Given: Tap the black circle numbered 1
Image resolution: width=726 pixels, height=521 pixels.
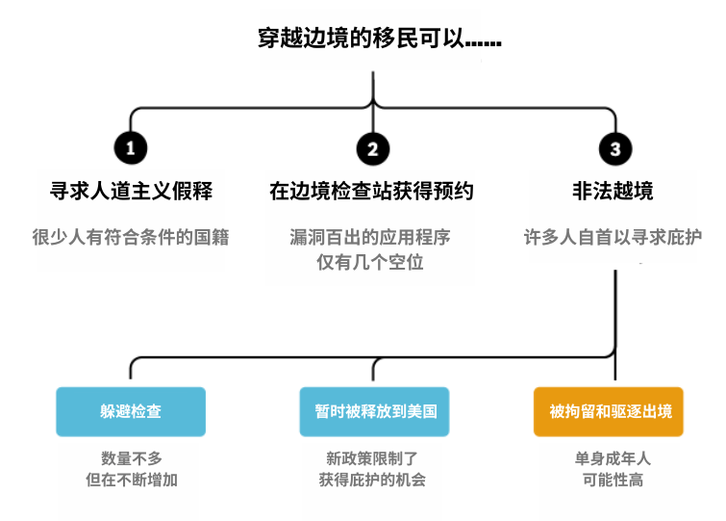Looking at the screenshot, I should [x=131, y=147].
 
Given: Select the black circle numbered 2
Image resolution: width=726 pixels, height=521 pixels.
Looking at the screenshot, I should [x=372, y=147].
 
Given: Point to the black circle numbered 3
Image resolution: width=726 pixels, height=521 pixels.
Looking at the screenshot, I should [x=614, y=147].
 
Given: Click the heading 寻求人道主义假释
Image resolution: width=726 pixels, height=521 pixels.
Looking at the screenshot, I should [x=131, y=191].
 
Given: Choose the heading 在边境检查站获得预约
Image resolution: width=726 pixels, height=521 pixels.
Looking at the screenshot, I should [x=372, y=191].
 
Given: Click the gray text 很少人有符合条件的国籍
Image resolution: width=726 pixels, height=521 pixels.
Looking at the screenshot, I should [x=131, y=237].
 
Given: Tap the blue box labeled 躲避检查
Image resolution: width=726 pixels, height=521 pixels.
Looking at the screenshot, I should [x=131, y=411].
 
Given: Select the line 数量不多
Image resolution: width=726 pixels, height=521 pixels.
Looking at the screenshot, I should [x=131, y=457].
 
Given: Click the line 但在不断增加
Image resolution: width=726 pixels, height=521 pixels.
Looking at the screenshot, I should [x=131, y=480].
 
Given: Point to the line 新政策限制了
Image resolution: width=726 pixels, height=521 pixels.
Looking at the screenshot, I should [x=372, y=457].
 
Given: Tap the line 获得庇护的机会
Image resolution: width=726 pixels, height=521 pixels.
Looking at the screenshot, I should [x=372, y=480].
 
